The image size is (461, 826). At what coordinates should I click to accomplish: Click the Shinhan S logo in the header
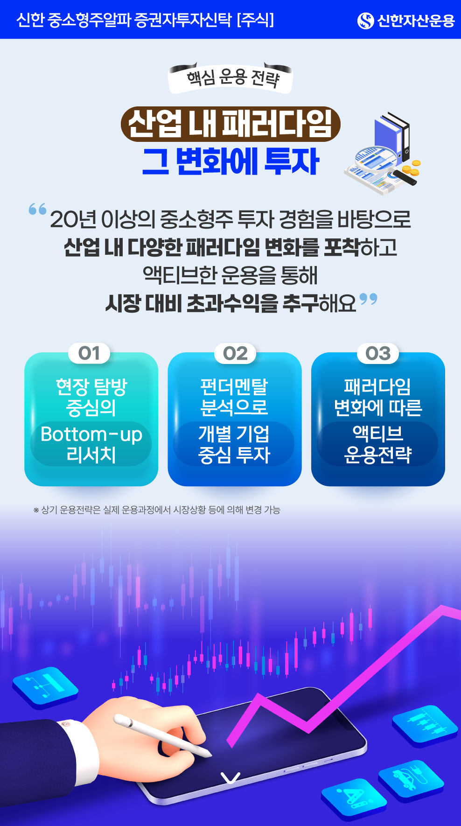pos(365,21)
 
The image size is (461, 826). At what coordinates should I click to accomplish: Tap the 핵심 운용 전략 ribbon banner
pos(230,78)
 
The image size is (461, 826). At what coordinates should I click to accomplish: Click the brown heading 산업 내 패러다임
pos(230,124)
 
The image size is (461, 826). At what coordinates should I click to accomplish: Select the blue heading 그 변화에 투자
pos(230,161)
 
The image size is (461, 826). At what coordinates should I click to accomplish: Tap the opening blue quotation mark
pos(37,209)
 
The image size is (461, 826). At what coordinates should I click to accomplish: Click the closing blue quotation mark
pos(369,299)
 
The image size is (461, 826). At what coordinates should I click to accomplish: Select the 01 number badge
pos(89,353)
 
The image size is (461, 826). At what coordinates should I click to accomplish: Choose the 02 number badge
pos(235,353)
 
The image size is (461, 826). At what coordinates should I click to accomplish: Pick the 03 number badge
pos(378,353)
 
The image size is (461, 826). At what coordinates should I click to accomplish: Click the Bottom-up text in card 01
pos(91,434)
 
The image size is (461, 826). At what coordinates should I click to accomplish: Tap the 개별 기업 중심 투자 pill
pos(234,444)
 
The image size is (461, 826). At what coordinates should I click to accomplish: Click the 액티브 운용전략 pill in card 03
pos(377,444)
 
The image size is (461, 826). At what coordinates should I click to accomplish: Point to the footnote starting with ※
pos(157,510)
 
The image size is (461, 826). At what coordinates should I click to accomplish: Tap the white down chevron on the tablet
pos(230,778)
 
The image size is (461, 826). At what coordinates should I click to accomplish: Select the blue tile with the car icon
pos(411,781)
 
